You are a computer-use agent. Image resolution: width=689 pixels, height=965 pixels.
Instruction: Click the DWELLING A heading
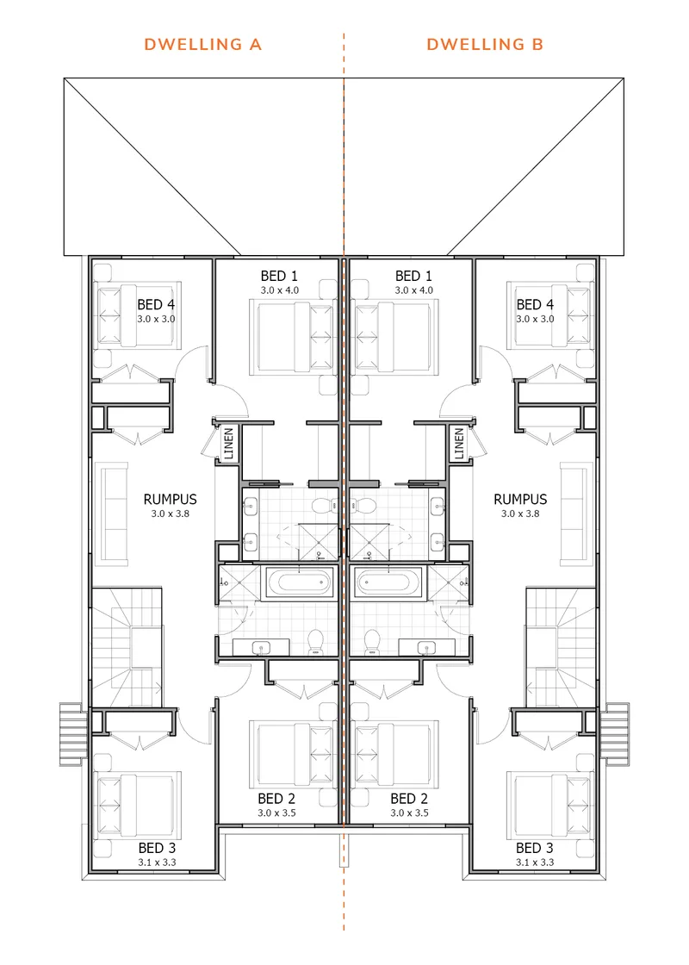point(203,44)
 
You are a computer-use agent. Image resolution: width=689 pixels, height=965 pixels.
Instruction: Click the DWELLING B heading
point(485,44)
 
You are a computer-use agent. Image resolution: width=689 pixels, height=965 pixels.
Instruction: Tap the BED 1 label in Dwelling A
point(279,276)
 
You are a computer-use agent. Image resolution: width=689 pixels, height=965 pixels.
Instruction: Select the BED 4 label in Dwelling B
point(535,305)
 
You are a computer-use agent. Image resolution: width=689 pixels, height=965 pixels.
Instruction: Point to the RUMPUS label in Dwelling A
point(171,499)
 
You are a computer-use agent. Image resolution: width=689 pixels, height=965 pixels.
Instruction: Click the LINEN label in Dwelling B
point(459,443)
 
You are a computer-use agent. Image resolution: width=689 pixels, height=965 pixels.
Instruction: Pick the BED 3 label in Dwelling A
point(157,848)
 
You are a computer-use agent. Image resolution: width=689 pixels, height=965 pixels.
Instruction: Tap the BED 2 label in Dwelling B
point(409,799)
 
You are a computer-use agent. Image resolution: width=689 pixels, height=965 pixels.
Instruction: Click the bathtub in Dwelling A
point(299,582)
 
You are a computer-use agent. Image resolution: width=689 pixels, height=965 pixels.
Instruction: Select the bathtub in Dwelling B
point(390,582)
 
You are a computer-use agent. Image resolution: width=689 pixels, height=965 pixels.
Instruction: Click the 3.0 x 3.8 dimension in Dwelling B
point(520,514)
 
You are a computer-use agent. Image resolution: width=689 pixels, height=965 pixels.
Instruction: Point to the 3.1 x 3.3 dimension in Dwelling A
point(157,862)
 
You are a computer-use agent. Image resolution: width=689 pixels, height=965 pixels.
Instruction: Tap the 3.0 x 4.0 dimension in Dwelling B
point(414,289)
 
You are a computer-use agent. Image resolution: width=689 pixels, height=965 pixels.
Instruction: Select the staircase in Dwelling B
point(561,647)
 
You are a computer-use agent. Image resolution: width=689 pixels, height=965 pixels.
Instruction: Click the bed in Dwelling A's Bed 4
point(139,314)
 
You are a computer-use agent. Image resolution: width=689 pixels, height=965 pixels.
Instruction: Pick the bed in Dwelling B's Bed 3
point(550,805)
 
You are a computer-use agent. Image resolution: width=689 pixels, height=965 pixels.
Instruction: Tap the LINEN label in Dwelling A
point(229,443)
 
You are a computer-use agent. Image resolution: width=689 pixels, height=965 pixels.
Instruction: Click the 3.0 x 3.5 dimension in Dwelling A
point(276,813)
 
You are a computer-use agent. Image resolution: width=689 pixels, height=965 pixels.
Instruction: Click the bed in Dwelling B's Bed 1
point(394,337)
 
